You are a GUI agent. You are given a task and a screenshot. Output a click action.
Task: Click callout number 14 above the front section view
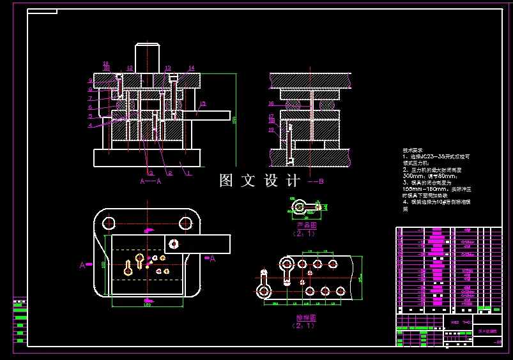tap(191, 68)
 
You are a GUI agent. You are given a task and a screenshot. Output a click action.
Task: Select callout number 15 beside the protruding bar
tap(203, 103)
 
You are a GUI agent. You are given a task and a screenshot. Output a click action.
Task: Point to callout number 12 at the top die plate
tap(130, 68)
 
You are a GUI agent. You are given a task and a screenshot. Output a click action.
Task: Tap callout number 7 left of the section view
tap(91, 98)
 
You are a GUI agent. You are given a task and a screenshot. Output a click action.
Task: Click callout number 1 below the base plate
tap(189, 172)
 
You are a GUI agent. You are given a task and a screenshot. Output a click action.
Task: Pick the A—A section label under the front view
tap(151, 181)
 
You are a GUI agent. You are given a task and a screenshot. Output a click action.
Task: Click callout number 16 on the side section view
tap(271, 103)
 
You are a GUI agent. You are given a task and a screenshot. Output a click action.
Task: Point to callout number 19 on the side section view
tap(271, 130)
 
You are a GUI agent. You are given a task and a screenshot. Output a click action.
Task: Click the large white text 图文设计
tap(259, 181)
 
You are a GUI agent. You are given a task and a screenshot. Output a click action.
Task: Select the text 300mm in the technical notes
tap(413, 176)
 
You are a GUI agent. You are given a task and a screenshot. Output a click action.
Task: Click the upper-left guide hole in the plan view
tap(109, 223)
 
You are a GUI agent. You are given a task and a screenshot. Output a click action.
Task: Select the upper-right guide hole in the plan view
tap(186, 223)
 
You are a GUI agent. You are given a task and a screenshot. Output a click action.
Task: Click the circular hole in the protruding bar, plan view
tap(173, 243)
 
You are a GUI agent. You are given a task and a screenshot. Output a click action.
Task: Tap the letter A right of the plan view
tap(213, 259)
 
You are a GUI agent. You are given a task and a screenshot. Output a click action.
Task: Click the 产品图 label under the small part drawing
tap(307, 225)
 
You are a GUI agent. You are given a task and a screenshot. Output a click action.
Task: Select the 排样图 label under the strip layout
tap(306, 317)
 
